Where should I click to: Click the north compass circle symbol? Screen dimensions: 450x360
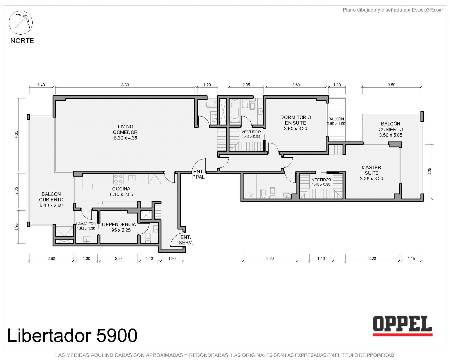(x=20, y=23)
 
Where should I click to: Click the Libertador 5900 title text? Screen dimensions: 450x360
(x=72, y=335)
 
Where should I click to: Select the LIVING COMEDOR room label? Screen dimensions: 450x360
(x=125, y=132)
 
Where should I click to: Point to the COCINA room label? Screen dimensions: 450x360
(x=121, y=191)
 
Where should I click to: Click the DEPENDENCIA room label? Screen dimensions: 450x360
(x=119, y=227)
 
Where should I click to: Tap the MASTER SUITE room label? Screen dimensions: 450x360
(x=371, y=173)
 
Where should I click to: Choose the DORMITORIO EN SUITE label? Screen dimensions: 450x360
(x=295, y=123)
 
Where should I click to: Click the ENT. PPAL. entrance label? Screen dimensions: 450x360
(x=199, y=174)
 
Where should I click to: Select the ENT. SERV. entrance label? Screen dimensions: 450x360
(x=186, y=240)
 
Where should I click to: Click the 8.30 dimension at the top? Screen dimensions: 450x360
(x=125, y=85)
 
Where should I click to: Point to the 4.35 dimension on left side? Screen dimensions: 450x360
(x=17, y=135)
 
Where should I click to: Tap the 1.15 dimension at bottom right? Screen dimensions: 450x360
(x=411, y=259)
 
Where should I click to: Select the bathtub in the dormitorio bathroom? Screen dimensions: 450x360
(x=235, y=111)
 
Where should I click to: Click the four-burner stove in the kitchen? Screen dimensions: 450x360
(x=118, y=179)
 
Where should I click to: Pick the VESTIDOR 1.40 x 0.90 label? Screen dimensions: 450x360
(x=321, y=182)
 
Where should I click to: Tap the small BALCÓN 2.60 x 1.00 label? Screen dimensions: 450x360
(x=336, y=121)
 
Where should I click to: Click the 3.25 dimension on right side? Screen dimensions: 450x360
(x=430, y=172)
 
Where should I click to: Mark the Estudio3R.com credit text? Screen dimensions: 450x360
(x=392, y=10)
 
